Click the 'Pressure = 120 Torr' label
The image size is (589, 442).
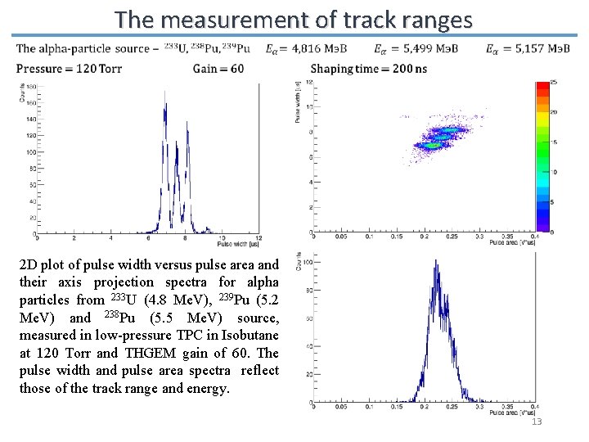point(69,69)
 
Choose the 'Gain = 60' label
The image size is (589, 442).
point(218,69)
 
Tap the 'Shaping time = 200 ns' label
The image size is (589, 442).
point(368,69)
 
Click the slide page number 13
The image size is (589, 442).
point(537,421)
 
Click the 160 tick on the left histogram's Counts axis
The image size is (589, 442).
point(29,102)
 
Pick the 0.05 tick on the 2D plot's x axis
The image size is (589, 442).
point(341,238)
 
